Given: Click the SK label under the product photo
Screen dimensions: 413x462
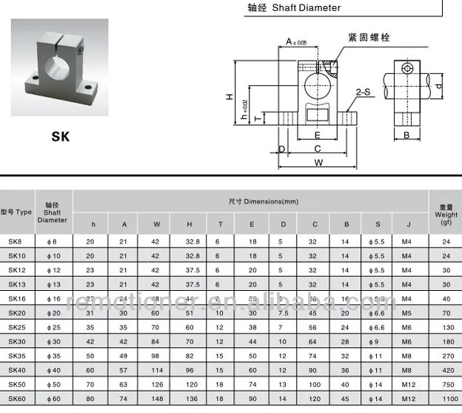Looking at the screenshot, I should pos(60,136).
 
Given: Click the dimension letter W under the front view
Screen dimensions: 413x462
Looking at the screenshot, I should pos(318,162).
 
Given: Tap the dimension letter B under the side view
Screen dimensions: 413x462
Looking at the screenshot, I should pos(406,135).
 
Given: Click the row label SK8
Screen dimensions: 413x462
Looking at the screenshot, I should pos(16,241).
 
